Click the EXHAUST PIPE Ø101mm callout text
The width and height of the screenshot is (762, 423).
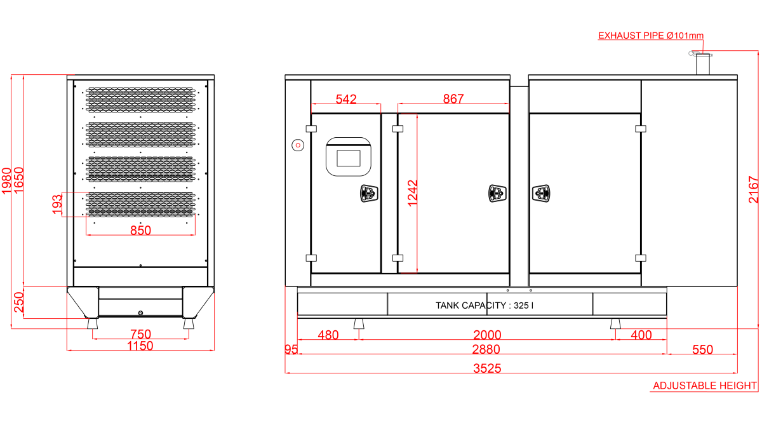tap(650, 36)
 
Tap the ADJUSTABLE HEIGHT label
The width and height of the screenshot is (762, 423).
tap(704, 386)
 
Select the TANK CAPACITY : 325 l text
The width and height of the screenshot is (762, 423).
tap(485, 305)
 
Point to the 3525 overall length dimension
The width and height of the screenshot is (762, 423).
tap(487, 368)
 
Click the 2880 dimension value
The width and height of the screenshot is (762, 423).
tap(486, 349)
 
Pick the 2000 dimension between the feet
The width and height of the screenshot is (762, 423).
tap(487, 335)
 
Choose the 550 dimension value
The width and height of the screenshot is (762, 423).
tap(702, 349)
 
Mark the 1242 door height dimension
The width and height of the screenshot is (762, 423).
tap(413, 193)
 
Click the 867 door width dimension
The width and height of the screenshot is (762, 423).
tap(453, 98)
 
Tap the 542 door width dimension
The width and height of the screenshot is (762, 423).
tap(346, 99)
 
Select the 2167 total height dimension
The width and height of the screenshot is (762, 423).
tap(754, 189)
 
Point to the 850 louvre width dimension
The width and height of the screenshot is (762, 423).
tap(140, 231)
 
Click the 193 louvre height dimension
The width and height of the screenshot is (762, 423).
tap(57, 204)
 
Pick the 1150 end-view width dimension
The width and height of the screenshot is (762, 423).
tap(140, 346)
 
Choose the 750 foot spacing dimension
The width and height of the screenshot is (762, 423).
tap(140, 334)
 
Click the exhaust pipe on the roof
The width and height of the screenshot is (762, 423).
tap(702, 64)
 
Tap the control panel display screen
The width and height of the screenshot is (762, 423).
tap(349, 158)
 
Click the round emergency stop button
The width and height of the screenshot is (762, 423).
tap(298, 145)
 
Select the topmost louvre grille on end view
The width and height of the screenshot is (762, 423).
tap(140, 100)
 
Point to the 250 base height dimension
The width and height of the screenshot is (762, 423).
tap(18, 302)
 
